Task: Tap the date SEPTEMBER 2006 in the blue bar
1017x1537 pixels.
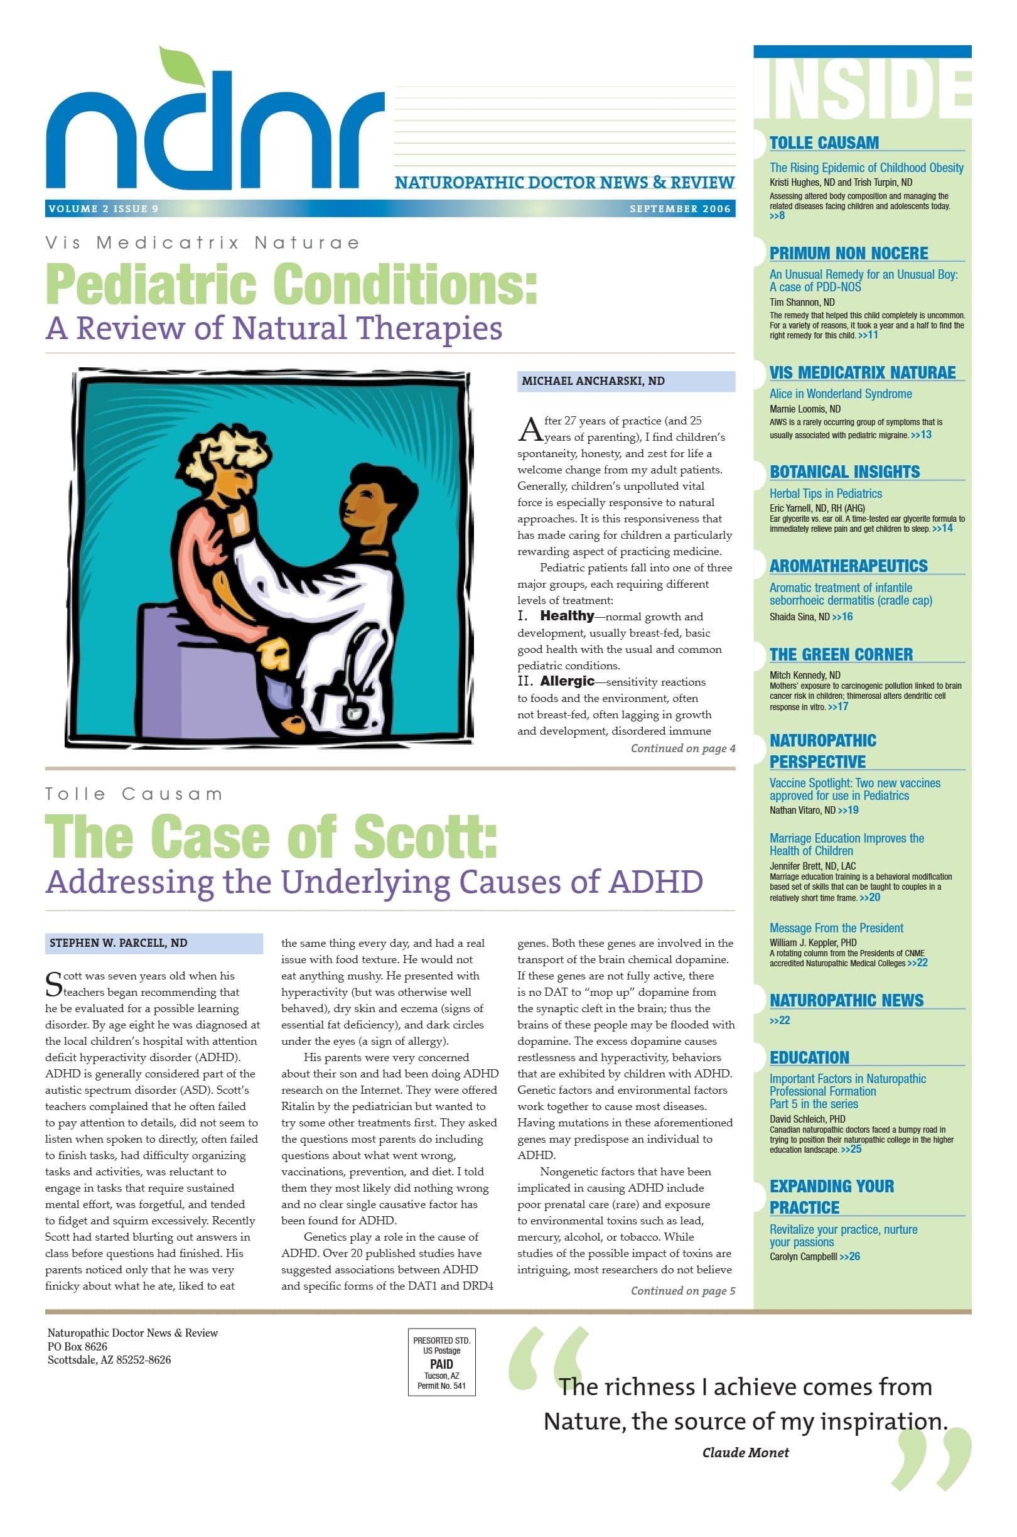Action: point(679,209)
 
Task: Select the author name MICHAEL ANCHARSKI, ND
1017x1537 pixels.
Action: point(593,381)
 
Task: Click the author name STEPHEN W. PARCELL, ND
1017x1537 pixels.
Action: point(118,943)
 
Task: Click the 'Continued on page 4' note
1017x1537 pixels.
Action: point(682,748)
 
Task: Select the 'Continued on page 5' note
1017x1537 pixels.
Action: point(682,1290)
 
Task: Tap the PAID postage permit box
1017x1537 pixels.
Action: point(441,1362)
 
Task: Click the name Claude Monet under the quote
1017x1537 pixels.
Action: point(745,1453)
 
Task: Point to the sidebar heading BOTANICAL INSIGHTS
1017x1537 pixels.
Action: point(844,472)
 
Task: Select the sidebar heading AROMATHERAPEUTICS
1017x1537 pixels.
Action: point(847,566)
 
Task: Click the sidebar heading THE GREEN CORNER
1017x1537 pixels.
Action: point(841,654)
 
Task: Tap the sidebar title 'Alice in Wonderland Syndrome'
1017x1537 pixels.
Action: point(840,394)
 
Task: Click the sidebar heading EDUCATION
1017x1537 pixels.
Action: point(809,1058)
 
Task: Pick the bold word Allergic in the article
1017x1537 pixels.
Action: point(567,681)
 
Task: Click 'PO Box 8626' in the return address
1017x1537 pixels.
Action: point(77,1346)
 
